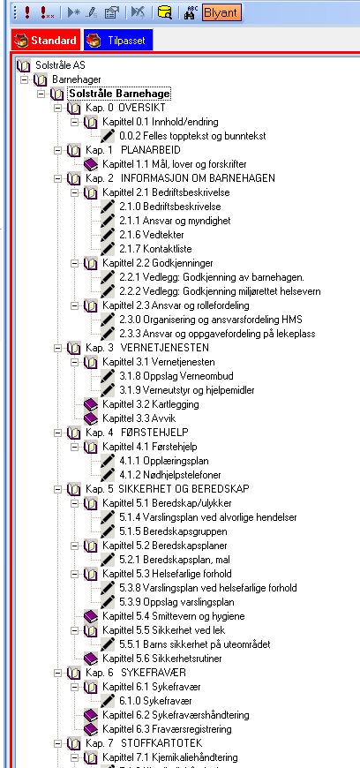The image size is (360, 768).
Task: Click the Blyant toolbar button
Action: (x=221, y=12)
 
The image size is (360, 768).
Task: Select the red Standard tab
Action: (x=45, y=40)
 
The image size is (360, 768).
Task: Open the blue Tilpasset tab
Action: (x=118, y=40)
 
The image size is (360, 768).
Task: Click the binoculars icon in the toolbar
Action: (x=190, y=12)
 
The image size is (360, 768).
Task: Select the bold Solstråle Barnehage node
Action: (x=119, y=94)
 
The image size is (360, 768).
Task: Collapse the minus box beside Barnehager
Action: (x=24, y=79)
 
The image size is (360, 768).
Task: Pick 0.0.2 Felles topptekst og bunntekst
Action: (x=192, y=136)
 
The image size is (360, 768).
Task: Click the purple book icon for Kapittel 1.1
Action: (x=91, y=163)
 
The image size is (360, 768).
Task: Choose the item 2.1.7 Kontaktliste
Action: (x=155, y=249)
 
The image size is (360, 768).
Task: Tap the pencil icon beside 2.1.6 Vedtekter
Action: (x=108, y=235)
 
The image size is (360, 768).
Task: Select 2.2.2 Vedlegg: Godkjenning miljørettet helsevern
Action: (x=220, y=291)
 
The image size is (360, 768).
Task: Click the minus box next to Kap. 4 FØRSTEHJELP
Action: (x=57, y=433)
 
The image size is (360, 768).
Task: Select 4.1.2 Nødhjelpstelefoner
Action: (x=170, y=475)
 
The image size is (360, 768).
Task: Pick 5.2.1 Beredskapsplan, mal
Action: (x=175, y=560)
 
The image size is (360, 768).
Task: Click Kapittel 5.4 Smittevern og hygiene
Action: (x=174, y=615)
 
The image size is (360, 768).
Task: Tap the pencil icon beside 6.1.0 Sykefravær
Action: (x=108, y=700)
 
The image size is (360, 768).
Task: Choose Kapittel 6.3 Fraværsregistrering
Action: (x=167, y=729)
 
